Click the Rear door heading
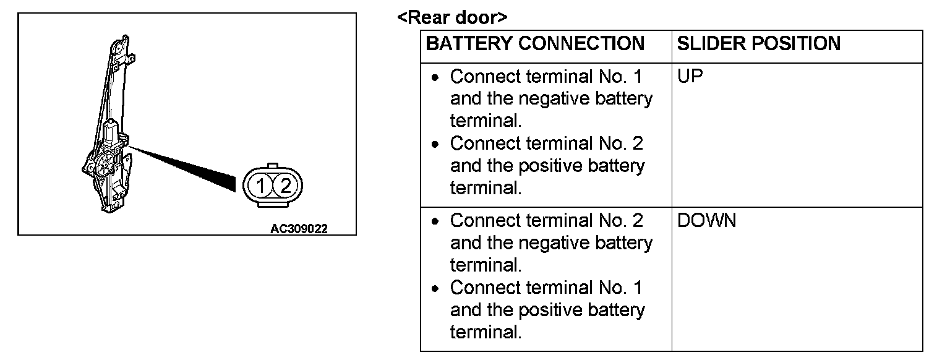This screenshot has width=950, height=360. pyautogui.click(x=452, y=17)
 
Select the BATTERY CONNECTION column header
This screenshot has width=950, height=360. pyautogui.click(x=535, y=44)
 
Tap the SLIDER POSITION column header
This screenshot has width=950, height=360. pyautogui.click(x=759, y=44)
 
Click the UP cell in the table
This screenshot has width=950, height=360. pyautogui.click(x=690, y=77)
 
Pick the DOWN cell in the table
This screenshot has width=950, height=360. pyautogui.click(x=707, y=221)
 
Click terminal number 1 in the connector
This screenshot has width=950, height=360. pyautogui.click(x=262, y=186)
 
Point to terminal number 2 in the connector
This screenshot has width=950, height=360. pyautogui.click(x=285, y=186)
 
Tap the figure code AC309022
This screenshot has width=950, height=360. pyautogui.click(x=299, y=228)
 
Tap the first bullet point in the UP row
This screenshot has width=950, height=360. pyautogui.click(x=437, y=78)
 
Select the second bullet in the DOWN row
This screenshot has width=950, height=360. pyautogui.click(x=437, y=288)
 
